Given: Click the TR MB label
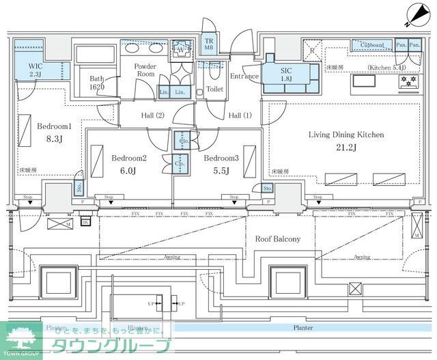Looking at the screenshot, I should [209, 46].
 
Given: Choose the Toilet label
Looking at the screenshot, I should [214, 89].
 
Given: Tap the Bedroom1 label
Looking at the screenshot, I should [55, 126].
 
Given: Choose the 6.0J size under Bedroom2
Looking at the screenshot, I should [128, 170].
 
